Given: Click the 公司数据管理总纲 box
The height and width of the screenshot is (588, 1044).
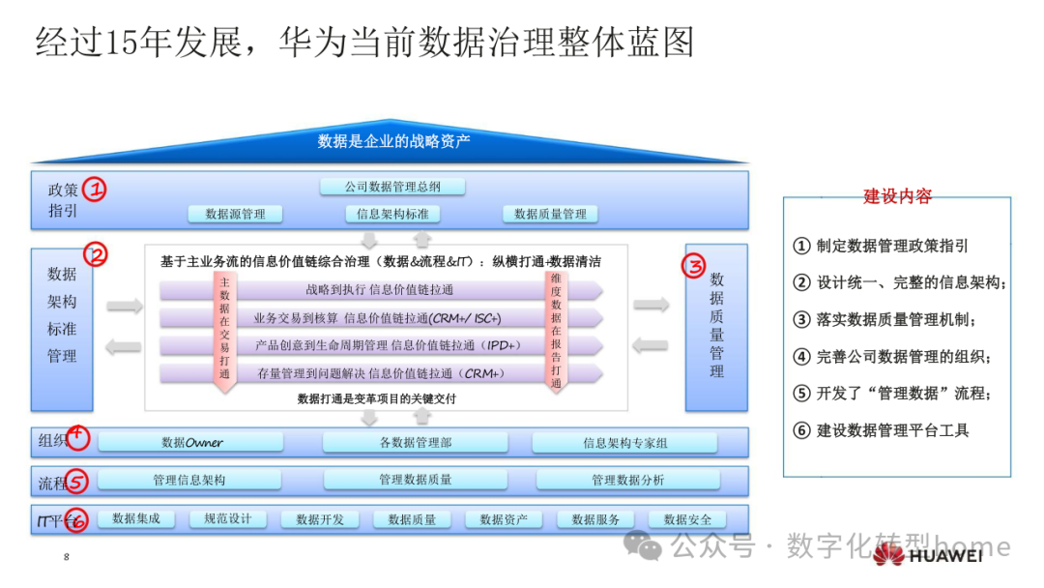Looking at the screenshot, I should tap(391, 187).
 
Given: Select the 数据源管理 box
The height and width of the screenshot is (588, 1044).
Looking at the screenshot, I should tap(235, 214).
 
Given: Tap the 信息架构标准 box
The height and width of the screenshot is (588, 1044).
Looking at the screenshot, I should tap(392, 214).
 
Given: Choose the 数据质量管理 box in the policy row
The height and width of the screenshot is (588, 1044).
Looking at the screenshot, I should tap(550, 214).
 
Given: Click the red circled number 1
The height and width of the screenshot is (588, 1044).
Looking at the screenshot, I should tap(94, 189).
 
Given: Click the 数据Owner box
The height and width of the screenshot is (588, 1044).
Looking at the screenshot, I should tap(191, 443).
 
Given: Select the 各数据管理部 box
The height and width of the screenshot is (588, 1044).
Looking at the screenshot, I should tap(416, 443).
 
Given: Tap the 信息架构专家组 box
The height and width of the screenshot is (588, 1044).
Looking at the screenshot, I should tap(624, 443).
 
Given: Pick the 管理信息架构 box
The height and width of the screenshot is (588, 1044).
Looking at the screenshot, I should tap(189, 480).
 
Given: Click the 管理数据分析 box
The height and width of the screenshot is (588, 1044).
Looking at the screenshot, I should tap(627, 480).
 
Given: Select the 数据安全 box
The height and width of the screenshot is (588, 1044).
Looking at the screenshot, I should tap(687, 519).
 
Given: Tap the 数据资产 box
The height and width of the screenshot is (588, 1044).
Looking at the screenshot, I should tap(504, 519).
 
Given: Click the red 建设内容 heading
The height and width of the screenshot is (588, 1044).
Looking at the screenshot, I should tap(897, 196).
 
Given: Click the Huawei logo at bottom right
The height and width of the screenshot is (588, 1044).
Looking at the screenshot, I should tap(928, 555).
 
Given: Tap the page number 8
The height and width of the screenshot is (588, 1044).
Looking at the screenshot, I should tap(66, 557).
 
